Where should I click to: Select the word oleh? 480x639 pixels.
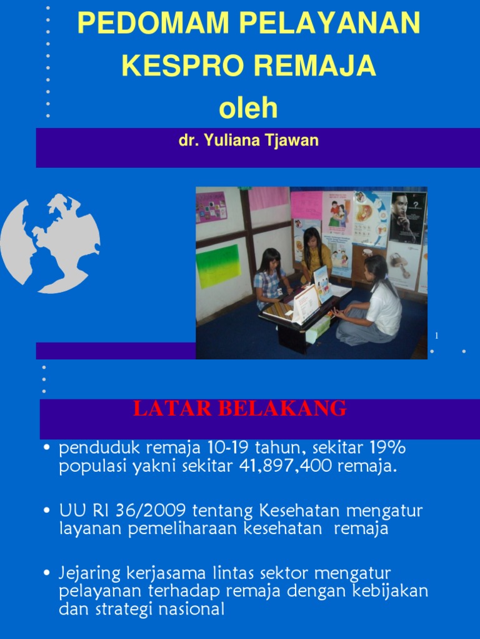(x=248, y=108)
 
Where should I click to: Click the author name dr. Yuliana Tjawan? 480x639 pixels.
(x=249, y=140)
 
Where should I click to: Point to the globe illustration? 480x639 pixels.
(x=50, y=243)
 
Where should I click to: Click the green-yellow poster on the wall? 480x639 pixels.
(x=218, y=265)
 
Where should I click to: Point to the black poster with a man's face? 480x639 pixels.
(x=407, y=217)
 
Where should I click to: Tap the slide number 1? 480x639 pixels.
(x=437, y=336)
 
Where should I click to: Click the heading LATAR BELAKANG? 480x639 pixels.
(x=239, y=409)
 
